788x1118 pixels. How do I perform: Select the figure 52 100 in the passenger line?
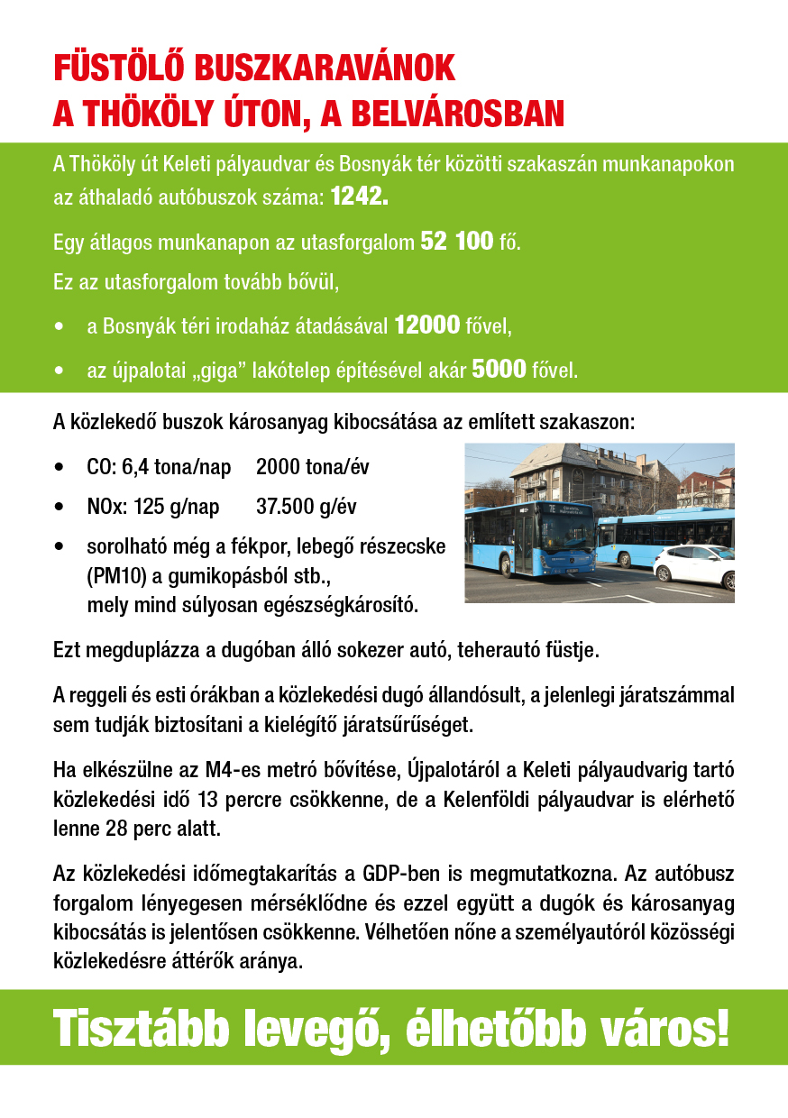click(x=457, y=242)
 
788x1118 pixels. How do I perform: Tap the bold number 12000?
click(x=427, y=326)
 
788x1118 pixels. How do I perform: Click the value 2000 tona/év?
click(x=312, y=468)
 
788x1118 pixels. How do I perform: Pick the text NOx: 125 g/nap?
click(x=153, y=508)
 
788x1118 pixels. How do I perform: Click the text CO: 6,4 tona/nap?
click(x=159, y=468)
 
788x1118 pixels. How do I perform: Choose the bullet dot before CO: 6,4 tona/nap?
click(x=60, y=468)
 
